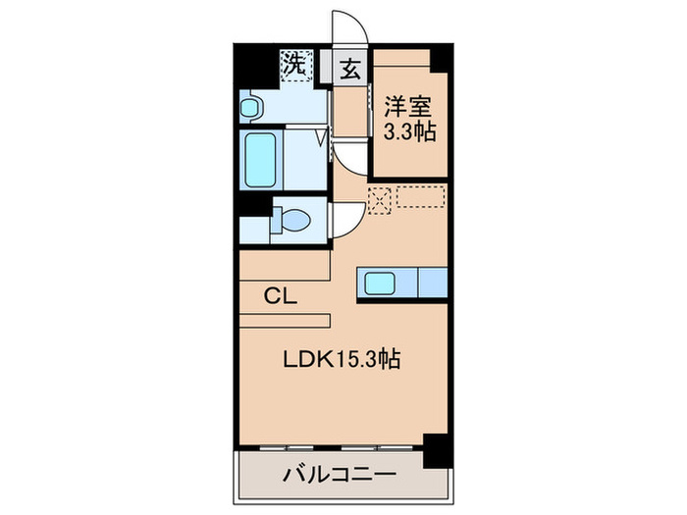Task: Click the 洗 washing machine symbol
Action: pyautogui.click(x=292, y=66)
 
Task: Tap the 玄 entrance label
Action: pyautogui.click(x=349, y=69)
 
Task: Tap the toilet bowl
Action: pyautogui.click(x=291, y=221)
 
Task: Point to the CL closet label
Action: pyautogui.click(x=280, y=293)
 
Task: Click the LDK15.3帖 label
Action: pyautogui.click(x=342, y=360)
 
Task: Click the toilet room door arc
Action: pyautogui.click(x=343, y=220)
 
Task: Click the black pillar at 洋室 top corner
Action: pyautogui.click(x=441, y=56)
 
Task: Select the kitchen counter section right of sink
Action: pyautogui.click(x=433, y=283)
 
